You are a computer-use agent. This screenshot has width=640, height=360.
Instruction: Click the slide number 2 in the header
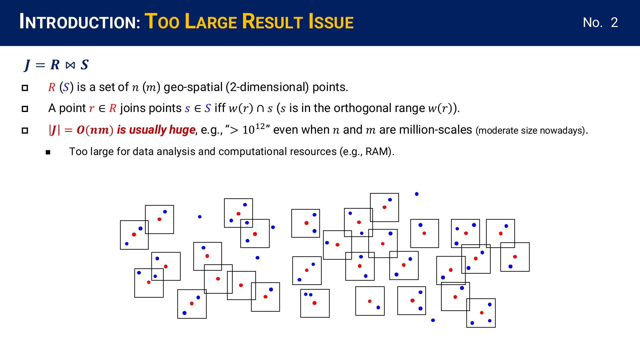[x=614, y=23]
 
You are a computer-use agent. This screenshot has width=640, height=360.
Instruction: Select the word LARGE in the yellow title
[x=211, y=22]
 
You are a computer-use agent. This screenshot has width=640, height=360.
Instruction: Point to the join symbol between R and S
[x=70, y=65]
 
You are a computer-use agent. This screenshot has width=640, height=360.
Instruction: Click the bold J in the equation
[x=27, y=65]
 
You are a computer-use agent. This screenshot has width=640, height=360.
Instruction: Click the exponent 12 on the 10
[x=260, y=126]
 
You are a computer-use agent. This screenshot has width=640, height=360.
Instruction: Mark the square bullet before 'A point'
[x=25, y=109]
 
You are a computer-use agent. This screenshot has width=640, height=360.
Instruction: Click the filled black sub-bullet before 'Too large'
[x=48, y=152]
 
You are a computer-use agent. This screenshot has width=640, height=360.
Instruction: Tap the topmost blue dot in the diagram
[x=417, y=194]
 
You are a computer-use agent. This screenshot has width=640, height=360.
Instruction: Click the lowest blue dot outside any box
[x=433, y=320]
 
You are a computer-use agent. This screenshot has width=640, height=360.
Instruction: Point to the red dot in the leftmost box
[x=134, y=235]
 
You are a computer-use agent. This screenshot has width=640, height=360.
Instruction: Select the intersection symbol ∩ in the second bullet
[x=260, y=109]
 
